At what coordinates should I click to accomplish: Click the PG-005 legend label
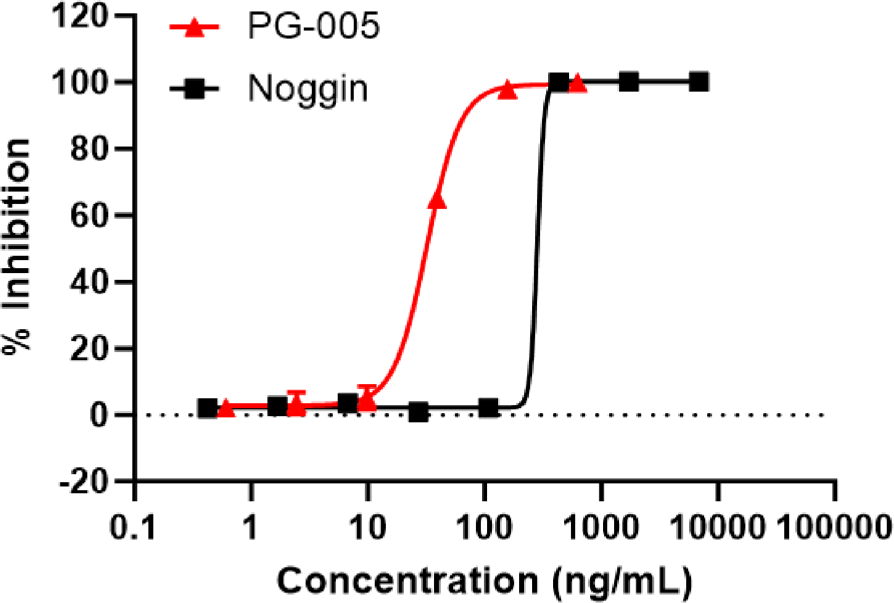click(313, 27)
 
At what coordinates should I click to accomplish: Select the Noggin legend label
click(308, 89)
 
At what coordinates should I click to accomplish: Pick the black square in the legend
click(194, 90)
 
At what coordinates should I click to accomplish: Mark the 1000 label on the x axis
click(601, 528)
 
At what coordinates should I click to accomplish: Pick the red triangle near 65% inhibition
click(437, 200)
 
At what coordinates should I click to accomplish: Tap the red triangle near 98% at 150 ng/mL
click(507, 89)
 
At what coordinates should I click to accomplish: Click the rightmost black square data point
click(698, 81)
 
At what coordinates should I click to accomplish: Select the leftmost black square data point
click(208, 409)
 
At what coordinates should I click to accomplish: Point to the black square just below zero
click(418, 412)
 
